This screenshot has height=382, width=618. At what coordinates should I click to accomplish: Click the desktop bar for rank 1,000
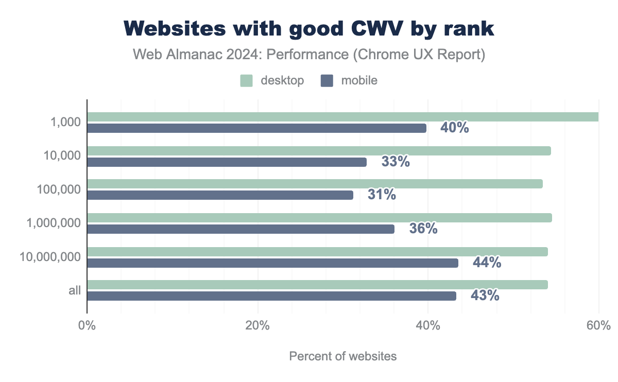[x=342, y=117]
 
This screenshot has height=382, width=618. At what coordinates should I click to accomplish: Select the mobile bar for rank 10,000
[x=227, y=162]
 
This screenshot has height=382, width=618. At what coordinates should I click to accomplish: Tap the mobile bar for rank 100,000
[x=220, y=195]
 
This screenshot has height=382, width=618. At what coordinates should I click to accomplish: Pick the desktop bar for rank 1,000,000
[x=319, y=218]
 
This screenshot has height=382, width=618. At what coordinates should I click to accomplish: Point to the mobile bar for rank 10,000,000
[x=272, y=263]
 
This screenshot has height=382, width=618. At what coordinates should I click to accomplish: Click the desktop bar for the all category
[x=317, y=285]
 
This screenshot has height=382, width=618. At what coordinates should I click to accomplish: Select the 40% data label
[x=454, y=128]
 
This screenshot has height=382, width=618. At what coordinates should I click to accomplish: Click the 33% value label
[x=396, y=162]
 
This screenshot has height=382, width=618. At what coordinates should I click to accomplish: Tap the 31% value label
[x=382, y=195]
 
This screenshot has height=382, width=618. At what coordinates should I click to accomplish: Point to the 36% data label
[x=423, y=229]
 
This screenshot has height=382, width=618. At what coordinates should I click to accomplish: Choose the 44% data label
[x=487, y=263]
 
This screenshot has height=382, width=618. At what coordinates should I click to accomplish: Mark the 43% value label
[x=485, y=296]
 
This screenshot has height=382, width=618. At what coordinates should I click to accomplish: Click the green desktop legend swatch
[x=246, y=80]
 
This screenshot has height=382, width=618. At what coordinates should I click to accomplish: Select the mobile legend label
[x=359, y=80]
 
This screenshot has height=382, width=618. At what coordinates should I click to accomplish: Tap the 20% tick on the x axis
[x=257, y=326]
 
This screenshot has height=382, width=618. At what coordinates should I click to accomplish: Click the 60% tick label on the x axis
[x=598, y=326]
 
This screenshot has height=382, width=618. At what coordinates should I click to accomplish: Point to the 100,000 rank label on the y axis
[x=59, y=189]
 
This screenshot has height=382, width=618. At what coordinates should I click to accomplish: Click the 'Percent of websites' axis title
[x=343, y=356]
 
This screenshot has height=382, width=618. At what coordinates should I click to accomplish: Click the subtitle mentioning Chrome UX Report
[x=309, y=55]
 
